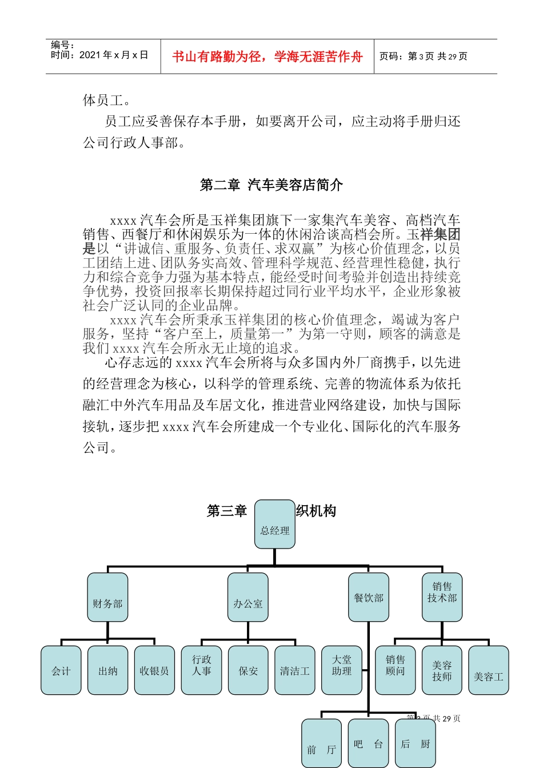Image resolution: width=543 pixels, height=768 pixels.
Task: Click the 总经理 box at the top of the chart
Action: pyautogui.click(x=275, y=525)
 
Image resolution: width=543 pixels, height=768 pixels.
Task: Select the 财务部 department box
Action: pyautogui.click(x=107, y=598)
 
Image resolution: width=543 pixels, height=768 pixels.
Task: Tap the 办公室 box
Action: pyautogui.click(x=248, y=598)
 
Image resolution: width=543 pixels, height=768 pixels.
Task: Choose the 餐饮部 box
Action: pyautogui.click(x=369, y=598)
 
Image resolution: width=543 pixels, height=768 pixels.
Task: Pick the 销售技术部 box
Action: pyautogui.click(x=442, y=598)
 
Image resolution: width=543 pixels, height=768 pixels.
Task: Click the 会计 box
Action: pyautogui.click(x=61, y=671)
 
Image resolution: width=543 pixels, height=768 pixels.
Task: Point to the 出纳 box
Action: pyautogui.click(x=108, y=671)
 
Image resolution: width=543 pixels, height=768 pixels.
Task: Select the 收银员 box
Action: pyautogui.click(x=154, y=671)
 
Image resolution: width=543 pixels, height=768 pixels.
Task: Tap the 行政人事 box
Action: pyautogui.click(x=202, y=671)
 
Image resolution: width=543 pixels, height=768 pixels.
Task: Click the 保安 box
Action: pyautogui.click(x=248, y=671)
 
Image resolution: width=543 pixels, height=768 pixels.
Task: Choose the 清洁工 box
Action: pyautogui.click(x=295, y=671)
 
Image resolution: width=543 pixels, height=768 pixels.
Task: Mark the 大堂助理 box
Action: pyautogui.click(x=342, y=671)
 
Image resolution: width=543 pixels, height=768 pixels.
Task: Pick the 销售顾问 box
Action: pyautogui.click(x=395, y=671)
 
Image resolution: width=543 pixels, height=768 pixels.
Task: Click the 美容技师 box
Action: pyautogui.click(x=442, y=671)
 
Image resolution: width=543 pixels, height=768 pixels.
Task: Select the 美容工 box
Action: pyautogui.click(x=489, y=671)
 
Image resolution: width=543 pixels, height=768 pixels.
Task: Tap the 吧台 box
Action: pyautogui.click(x=369, y=743)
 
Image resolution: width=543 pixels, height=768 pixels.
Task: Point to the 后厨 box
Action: pyautogui.click(x=416, y=743)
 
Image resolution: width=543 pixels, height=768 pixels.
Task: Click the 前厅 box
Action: pyautogui.click(x=322, y=743)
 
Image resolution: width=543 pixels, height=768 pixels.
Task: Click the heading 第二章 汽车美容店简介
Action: pyautogui.click(x=271, y=185)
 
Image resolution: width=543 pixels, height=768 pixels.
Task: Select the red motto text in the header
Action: pyautogui.click(x=267, y=57)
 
